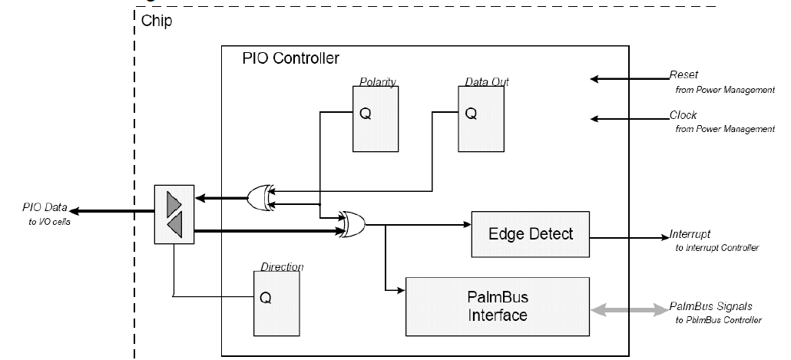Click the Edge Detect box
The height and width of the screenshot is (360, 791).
coord(531,233)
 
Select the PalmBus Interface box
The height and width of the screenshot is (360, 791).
coord(497,305)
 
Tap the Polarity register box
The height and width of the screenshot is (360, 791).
coord(376,119)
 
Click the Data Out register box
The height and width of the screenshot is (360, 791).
coord(482,119)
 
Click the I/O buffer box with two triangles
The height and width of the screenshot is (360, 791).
coord(174,214)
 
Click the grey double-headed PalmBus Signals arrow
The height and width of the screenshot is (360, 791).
coord(629,310)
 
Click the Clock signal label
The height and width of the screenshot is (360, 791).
coord(683,116)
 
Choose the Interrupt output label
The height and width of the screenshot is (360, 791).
coord(690,234)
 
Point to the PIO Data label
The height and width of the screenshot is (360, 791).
coord(45,208)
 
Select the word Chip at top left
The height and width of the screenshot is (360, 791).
coord(157,21)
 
